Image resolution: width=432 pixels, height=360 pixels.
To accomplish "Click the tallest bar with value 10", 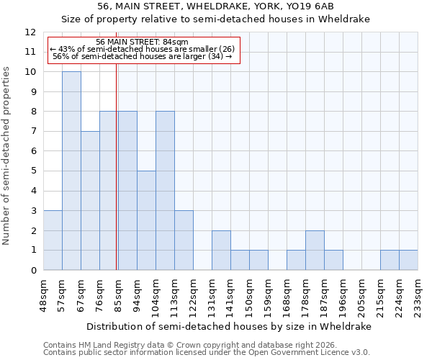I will click(71, 171).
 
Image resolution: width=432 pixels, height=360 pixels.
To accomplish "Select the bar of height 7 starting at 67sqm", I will click(90, 201).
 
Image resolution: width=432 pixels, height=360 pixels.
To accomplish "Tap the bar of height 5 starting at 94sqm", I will click(146, 220).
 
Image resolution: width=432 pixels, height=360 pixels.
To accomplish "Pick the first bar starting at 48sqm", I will click(53, 240).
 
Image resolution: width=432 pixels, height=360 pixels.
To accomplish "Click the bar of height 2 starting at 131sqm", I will click(221, 251).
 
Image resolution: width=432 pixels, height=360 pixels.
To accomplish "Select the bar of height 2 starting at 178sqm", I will click(315, 251).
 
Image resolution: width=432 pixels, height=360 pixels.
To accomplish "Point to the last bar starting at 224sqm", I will click(408, 260).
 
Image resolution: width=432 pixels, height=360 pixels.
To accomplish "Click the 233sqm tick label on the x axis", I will click(418, 298).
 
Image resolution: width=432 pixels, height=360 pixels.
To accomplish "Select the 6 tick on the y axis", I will click(33, 151).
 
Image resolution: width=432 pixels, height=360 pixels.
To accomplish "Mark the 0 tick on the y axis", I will click(33, 270).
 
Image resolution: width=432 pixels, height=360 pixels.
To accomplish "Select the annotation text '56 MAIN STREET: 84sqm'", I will click(142, 42).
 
